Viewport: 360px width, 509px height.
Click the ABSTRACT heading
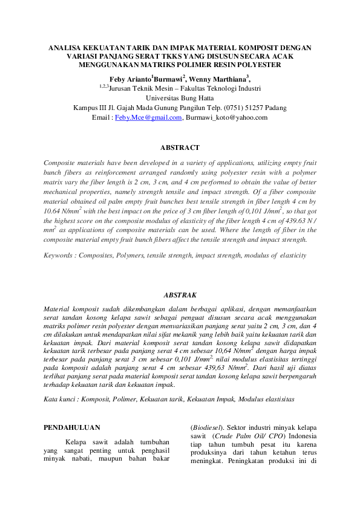(x=180, y=148)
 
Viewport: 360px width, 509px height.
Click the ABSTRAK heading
(x=180, y=295)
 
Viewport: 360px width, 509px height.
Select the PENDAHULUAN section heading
(x=72, y=427)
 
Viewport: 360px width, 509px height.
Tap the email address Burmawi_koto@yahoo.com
(x=226, y=117)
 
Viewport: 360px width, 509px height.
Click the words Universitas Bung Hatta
(x=180, y=98)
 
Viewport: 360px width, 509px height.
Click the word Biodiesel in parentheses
(x=206, y=427)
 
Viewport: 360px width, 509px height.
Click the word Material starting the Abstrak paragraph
(x=59, y=308)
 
